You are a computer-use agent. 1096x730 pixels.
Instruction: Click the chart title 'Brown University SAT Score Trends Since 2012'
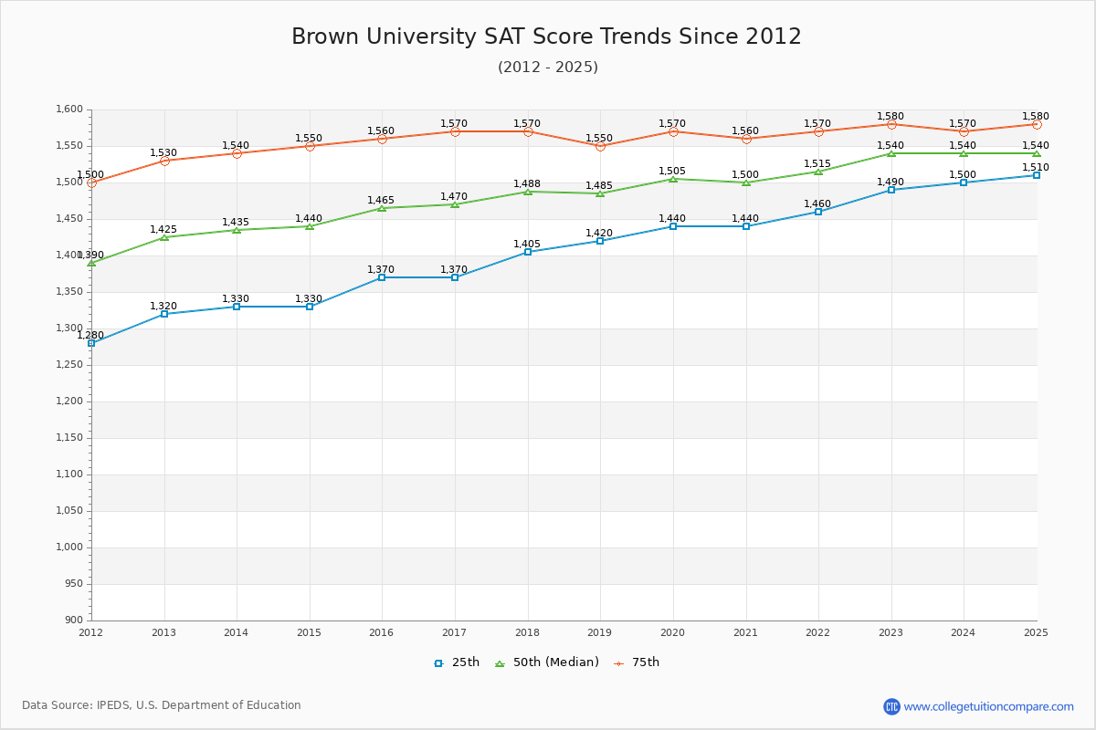coord(546,36)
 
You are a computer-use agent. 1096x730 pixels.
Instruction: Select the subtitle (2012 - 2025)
coord(547,68)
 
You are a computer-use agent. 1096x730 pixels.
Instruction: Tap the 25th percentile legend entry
coord(456,662)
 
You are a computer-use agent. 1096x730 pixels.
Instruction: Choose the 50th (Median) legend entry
coord(546,662)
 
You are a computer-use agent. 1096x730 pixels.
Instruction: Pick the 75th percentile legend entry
coord(637,662)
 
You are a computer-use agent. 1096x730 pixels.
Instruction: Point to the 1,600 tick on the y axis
coord(68,109)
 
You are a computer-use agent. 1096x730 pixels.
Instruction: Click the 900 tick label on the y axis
coord(73,620)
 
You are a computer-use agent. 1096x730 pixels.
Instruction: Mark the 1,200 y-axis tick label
coord(68,401)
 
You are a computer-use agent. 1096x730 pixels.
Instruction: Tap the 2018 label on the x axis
coord(527,632)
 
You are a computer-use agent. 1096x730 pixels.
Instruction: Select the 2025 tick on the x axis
coord(1036,632)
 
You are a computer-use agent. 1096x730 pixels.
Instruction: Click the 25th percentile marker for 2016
coord(382,277)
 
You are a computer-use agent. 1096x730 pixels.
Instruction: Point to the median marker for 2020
coord(673,179)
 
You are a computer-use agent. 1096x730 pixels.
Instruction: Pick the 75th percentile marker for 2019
coord(600,146)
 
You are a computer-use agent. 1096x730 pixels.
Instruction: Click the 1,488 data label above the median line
coord(527,183)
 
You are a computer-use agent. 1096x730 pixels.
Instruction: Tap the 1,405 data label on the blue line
coord(527,244)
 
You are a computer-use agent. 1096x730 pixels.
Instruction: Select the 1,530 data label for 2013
coord(163,152)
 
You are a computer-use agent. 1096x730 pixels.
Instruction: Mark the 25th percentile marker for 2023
coord(891,190)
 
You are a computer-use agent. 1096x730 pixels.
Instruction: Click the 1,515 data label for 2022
coord(817,163)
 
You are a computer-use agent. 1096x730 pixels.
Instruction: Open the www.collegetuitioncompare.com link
coord(988,706)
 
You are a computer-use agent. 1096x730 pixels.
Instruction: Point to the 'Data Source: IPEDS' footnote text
coord(162,705)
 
